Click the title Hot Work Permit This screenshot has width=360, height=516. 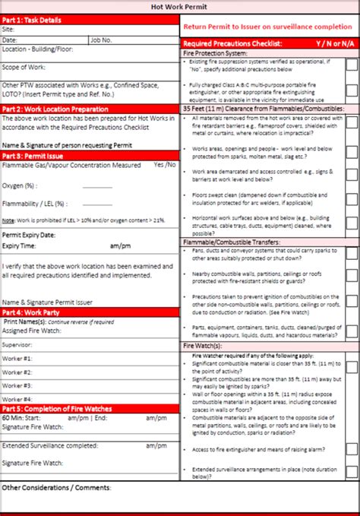[180, 6]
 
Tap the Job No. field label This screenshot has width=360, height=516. [102, 39]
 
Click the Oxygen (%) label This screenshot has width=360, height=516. [21, 185]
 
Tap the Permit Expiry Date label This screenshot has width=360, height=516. [29, 236]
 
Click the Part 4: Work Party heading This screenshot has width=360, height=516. [33, 312]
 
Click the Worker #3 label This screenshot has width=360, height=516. [17, 385]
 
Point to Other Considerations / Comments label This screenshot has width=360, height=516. [57, 487]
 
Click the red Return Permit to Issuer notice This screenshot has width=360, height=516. [269, 25]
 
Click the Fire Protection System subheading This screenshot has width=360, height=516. [215, 54]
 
